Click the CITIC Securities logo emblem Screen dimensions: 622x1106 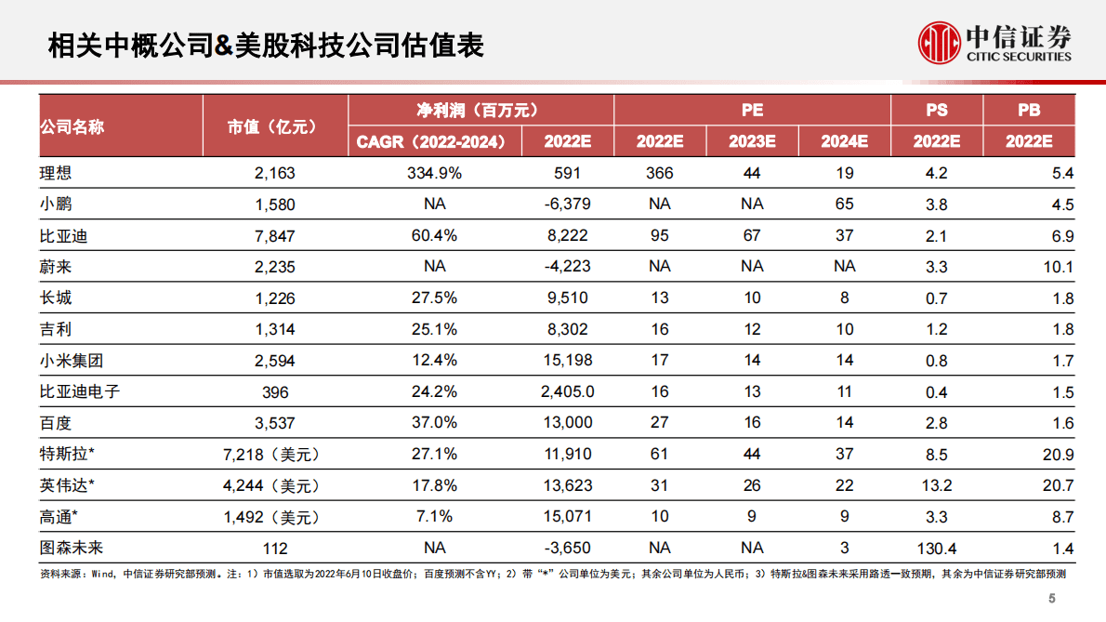click(x=939, y=42)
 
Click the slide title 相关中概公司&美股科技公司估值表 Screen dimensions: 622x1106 click(x=266, y=45)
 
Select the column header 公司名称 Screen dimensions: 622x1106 click(x=72, y=126)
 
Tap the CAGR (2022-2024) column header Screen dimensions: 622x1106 click(x=431, y=142)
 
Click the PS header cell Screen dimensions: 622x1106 click(x=937, y=111)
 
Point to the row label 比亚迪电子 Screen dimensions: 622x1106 click(x=80, y=391)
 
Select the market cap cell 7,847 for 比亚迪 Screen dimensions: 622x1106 click(x=275, y=236)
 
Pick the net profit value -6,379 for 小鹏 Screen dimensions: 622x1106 click(x=567, y=205)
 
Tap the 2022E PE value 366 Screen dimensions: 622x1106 click(x=660, y=173)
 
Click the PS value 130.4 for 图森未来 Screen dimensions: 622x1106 click(x=937, y=548)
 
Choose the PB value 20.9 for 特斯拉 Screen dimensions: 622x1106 click(x=1058, y=455)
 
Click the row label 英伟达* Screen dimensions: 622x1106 click(x=68, y=485)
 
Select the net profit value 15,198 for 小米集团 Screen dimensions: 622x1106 click(x=567, y=361)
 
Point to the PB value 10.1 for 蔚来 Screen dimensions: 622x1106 click(x=1058, y=267)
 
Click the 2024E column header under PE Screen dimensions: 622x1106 click(x=844, y=142)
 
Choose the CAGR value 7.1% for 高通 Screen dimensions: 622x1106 click(x=434, y=517)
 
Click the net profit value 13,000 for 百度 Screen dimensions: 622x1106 click(x=567, y=423)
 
